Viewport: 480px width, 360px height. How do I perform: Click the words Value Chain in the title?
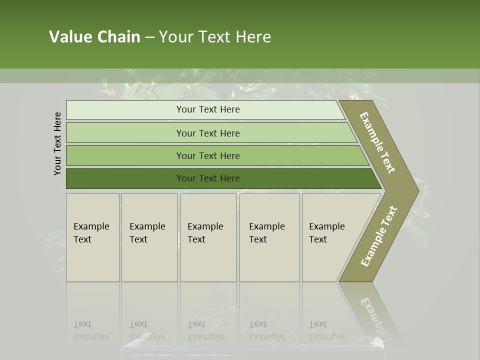(94, 37)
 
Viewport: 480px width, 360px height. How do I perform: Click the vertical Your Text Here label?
(57, 144)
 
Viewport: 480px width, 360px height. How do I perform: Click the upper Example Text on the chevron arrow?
(377, 142)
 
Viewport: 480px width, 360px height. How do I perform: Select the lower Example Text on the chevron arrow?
(378, 236)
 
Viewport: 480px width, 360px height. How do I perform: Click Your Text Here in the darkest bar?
(208, 178)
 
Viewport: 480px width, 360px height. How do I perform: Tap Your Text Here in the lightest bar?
(208, 109)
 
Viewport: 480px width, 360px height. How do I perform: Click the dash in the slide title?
(149, 37)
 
